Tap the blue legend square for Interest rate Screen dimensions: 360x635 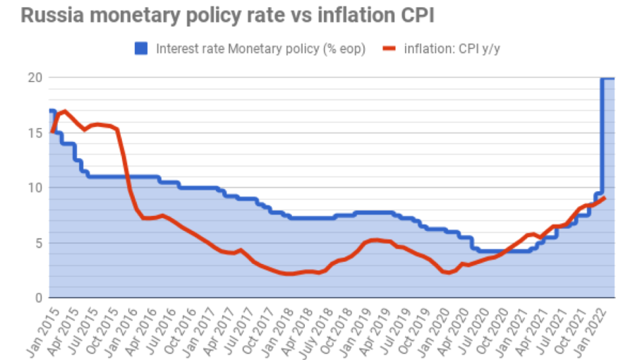141,49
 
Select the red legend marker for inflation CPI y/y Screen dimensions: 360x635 389,49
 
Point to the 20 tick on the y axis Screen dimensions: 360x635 34,78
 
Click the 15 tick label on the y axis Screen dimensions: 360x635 34,133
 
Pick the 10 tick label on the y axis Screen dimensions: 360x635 34,188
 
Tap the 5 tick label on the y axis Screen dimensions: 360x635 37,243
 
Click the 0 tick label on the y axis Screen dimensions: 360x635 37,298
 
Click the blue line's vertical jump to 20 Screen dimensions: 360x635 602,134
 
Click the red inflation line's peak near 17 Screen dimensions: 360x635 65,112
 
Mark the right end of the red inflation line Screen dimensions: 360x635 605,198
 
